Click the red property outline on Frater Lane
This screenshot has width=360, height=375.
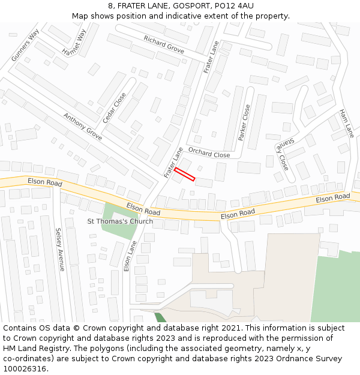pos(185,174)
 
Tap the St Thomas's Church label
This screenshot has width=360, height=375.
pos(120,221)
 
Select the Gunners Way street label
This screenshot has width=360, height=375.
pos(25,44)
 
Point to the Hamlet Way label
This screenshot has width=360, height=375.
pos(74,43)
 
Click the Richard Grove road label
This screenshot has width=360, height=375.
pos(164,43)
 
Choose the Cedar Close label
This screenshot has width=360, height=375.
pos(114,108)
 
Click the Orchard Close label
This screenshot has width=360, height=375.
pos(209,153)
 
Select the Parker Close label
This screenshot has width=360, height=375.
pos(244,122)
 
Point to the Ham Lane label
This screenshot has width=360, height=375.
pos(347,123)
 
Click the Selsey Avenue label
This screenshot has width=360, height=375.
pos(59,249)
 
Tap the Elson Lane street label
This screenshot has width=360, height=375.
pos(127,256)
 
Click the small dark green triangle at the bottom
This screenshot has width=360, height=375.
pos(160,317)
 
